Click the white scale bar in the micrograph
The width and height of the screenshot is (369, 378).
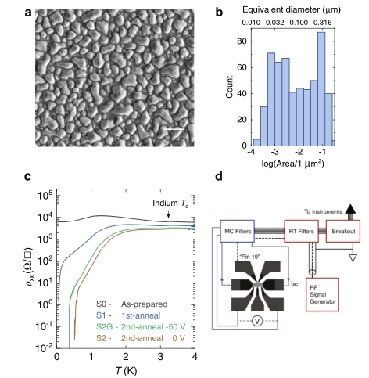pos(174,129)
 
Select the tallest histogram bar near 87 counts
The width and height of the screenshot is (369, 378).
pos(321,89)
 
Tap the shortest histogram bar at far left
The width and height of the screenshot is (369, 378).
pos(257,142)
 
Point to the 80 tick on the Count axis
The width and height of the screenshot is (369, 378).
pos(242,41)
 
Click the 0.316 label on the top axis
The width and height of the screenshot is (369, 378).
pos(323,23)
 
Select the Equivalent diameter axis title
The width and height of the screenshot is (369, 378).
pos(292,9)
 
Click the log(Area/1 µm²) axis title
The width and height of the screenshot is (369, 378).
pos(292,164)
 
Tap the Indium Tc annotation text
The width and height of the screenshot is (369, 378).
pos(170,203)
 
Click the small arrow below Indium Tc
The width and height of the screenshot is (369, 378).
pos(168,214)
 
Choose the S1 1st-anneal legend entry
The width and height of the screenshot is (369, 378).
pos(128,315)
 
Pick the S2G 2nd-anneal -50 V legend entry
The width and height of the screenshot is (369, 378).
pos(141,327)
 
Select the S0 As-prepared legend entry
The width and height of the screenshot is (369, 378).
pos(132,304)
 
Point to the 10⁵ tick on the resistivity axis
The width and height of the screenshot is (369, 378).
pos(45,195)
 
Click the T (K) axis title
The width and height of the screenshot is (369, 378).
pos(126,370)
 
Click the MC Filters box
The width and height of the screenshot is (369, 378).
pos(238,231)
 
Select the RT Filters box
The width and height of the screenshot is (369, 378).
pos(301,231)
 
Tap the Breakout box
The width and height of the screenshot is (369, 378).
pos(343,231)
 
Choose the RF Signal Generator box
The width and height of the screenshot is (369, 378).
pos(322,294)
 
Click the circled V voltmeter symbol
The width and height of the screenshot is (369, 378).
pos(257,321)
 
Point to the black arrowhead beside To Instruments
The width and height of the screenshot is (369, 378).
pos(350,209)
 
